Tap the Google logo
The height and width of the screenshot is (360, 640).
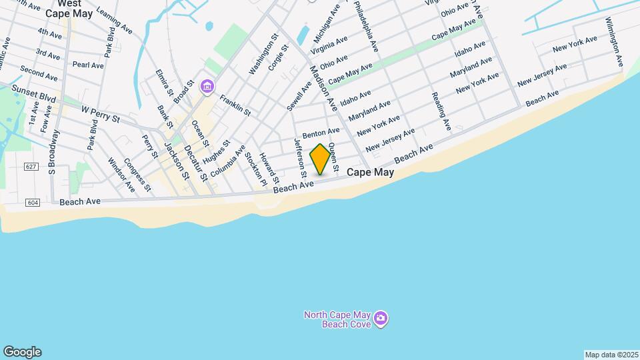(22, 352)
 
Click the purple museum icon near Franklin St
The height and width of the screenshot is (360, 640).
(207, 85)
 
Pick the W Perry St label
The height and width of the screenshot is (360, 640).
(99, 113)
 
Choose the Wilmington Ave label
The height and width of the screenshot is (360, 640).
(613, 42)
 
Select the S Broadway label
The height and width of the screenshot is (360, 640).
(54, 152)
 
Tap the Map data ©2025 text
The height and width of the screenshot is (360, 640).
(610, 354)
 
